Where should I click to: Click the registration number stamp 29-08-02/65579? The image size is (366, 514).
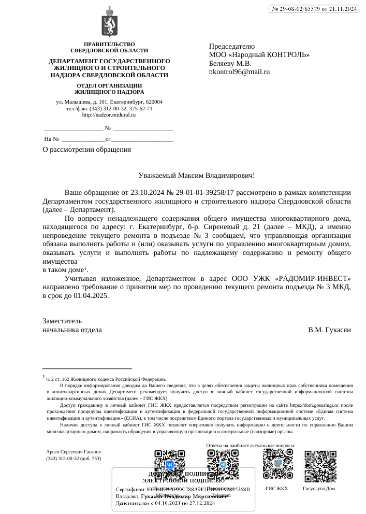coord(314,9)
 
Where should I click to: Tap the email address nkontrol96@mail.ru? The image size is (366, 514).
coord(239,72)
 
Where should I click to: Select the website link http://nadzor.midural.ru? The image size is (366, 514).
coord(109,115)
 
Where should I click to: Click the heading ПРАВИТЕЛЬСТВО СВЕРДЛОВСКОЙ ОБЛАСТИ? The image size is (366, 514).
coord(109,47)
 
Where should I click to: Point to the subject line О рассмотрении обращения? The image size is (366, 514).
coord(86,149)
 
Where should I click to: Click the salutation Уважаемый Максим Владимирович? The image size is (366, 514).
coord(197,176)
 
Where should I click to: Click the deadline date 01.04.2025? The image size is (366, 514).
coord(91,295)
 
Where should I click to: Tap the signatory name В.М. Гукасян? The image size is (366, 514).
coord(329,330)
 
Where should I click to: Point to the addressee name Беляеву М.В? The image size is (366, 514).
coord(230,63)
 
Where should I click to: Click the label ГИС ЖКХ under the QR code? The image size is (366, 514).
coord(276,489)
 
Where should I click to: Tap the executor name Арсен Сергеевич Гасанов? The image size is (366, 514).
coord(74,452)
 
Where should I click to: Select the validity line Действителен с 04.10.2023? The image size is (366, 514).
coord(165,503)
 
